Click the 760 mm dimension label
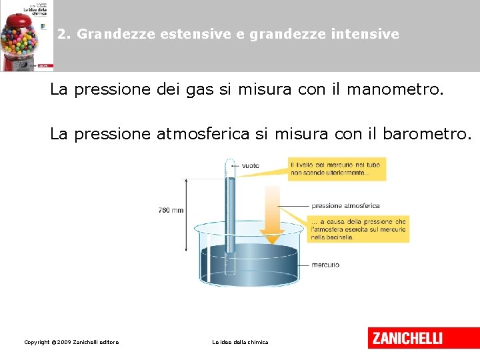pos(170,210)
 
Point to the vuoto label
pos(251,165)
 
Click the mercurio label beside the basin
pos(325,265)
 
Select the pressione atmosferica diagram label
pos(345,206)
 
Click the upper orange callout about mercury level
pos(337,169)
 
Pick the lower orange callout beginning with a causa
pos(358,229)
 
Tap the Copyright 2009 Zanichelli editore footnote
pos(71,342)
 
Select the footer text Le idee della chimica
pos(240,342)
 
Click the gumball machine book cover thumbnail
pos(27,35)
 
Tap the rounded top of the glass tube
pos(230,162)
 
